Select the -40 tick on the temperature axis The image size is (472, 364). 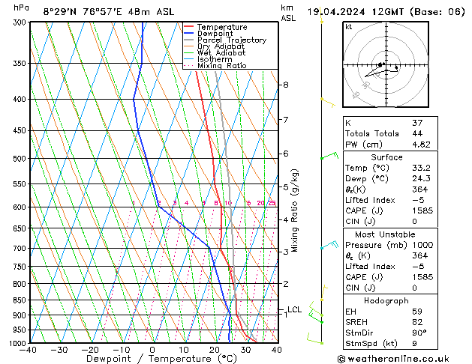(x=29, y=351)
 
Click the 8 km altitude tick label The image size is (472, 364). (x=285, y=85)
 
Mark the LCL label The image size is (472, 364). (x=294, y=309)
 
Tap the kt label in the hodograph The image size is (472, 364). (x=348, y=26)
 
